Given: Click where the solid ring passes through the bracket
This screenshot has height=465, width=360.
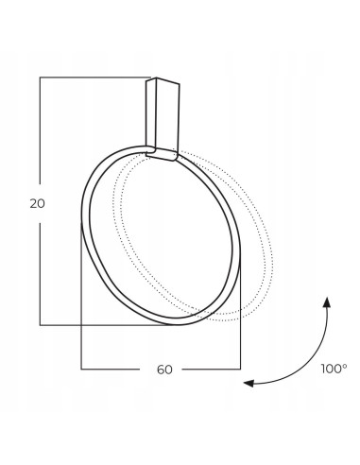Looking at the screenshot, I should [x=161, y=149].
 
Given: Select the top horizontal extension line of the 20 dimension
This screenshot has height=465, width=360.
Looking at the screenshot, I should [x=94, y=77].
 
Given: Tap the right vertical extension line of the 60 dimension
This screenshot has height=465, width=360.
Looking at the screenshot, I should [x=241, y=321].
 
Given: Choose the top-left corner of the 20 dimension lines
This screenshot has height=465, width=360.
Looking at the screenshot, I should [x=39, y=77].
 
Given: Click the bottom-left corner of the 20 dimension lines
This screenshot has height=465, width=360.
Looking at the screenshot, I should [x=39, y=325].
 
